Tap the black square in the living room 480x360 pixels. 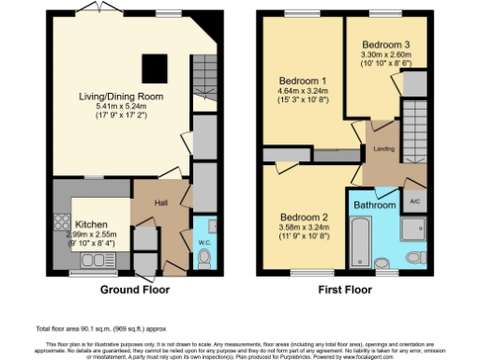tap(155, 67)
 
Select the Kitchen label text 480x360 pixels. tap(89, 225)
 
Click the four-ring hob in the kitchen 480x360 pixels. tap(63, 224)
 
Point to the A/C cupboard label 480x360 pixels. tap(413, 200)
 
